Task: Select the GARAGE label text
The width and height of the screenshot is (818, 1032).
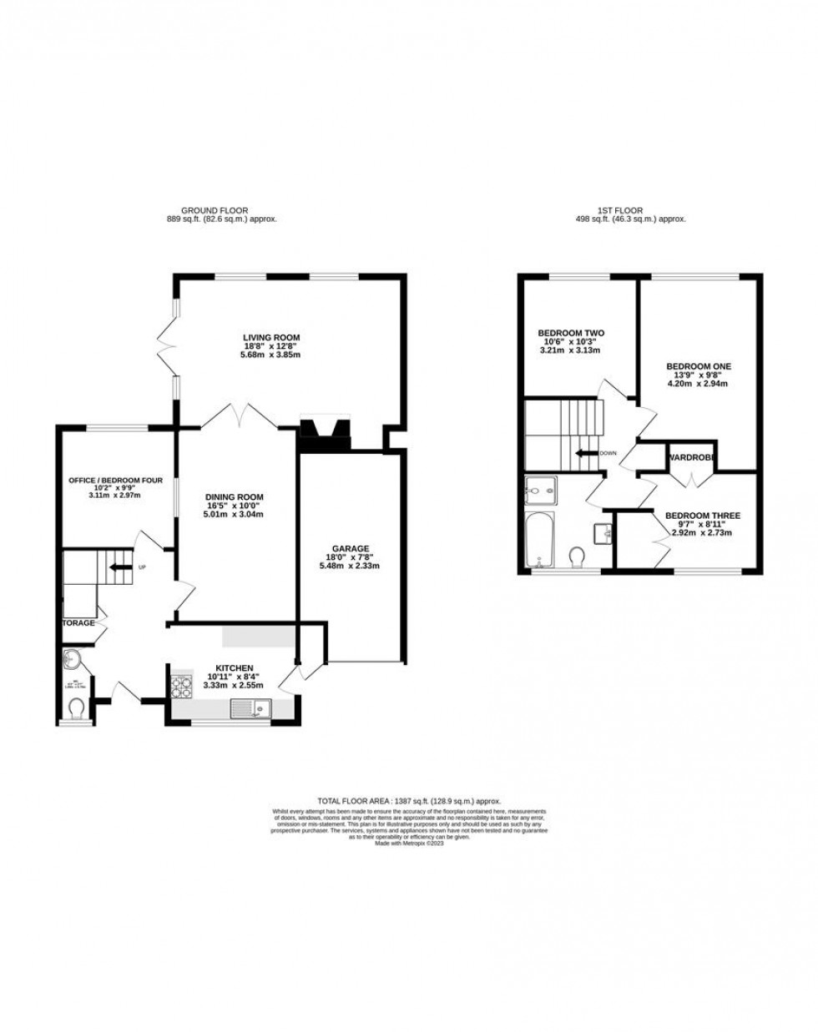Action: click(353, 548)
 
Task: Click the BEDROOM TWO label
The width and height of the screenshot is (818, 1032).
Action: click(570, 333)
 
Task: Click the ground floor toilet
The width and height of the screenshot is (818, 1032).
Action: click(78, 708)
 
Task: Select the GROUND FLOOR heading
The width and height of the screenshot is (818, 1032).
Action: click(215, 210)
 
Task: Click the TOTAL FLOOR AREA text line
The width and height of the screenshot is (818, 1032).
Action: click(408, 800)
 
